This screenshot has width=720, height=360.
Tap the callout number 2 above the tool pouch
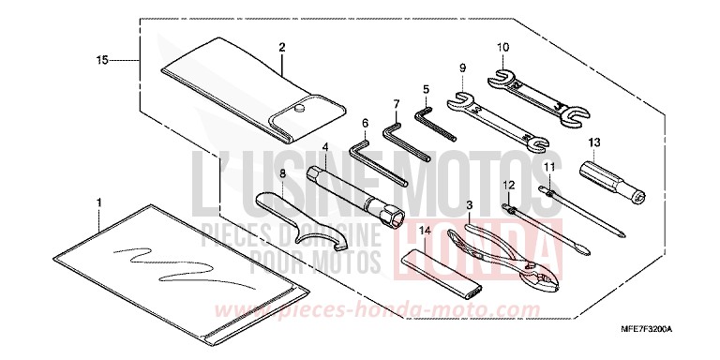(282, 45)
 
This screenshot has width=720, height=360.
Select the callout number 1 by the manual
(99, 202)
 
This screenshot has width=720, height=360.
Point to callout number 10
(502, 46)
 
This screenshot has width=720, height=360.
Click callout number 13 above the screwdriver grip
(592, 142)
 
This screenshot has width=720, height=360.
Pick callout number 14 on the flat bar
(425, 230)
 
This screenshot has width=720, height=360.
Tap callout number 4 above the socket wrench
(324, 147)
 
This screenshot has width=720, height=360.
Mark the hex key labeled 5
(427, 128)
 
